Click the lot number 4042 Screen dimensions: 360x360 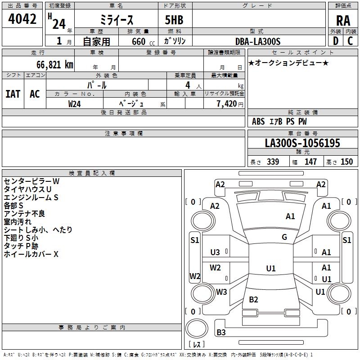point(22,19)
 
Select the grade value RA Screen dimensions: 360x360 point(343,21)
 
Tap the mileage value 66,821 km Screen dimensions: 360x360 point(50,64)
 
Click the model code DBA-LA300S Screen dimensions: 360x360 point(258,41)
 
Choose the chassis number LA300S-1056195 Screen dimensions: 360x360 point(302,144)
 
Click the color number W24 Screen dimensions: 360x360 point(75,104)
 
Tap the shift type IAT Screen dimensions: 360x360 point(13,94)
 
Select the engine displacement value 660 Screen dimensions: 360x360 point(139,41)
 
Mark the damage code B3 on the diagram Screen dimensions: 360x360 point(221,333)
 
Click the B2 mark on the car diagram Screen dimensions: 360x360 point(253,300)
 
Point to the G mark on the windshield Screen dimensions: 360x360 point(284,237)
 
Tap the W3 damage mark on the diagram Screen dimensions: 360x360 point(221,292)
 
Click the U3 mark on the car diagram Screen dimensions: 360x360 point(215,252)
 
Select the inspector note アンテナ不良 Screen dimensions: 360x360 point(24,214)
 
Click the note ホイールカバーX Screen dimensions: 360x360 point(31,254)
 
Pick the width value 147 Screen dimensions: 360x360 point(310,162)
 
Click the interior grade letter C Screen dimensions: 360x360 point(350,41)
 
